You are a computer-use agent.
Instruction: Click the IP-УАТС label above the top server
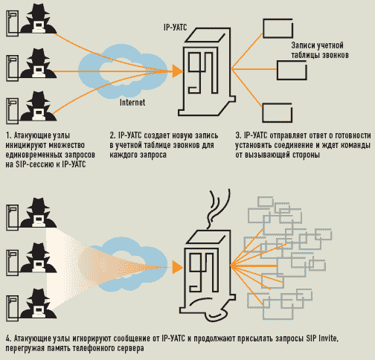[x=175, y=28]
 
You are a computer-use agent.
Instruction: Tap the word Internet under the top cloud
[x=132, y=103]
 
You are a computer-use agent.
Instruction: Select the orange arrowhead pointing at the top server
[x=178, y=71]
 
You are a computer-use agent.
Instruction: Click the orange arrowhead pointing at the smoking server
[x=178, y=267]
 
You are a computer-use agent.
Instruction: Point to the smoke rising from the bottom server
[x=218, y=208]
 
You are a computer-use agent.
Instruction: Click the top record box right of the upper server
[x=278, y=28]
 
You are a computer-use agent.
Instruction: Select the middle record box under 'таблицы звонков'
[x=292, y=70]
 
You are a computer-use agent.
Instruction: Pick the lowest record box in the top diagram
[x=278, y=112]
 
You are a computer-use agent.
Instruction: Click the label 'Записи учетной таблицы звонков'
[x=320, y=50]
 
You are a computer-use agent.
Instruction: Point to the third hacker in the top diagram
[x=39, y=106]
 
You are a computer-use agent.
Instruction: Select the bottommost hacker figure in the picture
[x=39, y=303]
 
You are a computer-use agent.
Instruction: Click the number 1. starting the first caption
[x=9, y=135]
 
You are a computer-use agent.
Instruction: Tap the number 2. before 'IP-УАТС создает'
[x=113, y=135]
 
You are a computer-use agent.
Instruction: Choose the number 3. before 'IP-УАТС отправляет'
[x=238, y=135]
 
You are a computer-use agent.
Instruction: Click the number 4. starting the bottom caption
[x=9, y=338]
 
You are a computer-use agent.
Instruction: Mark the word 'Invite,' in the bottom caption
[x=328, y=338]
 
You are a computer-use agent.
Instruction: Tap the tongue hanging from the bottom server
[x=217, y=315]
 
